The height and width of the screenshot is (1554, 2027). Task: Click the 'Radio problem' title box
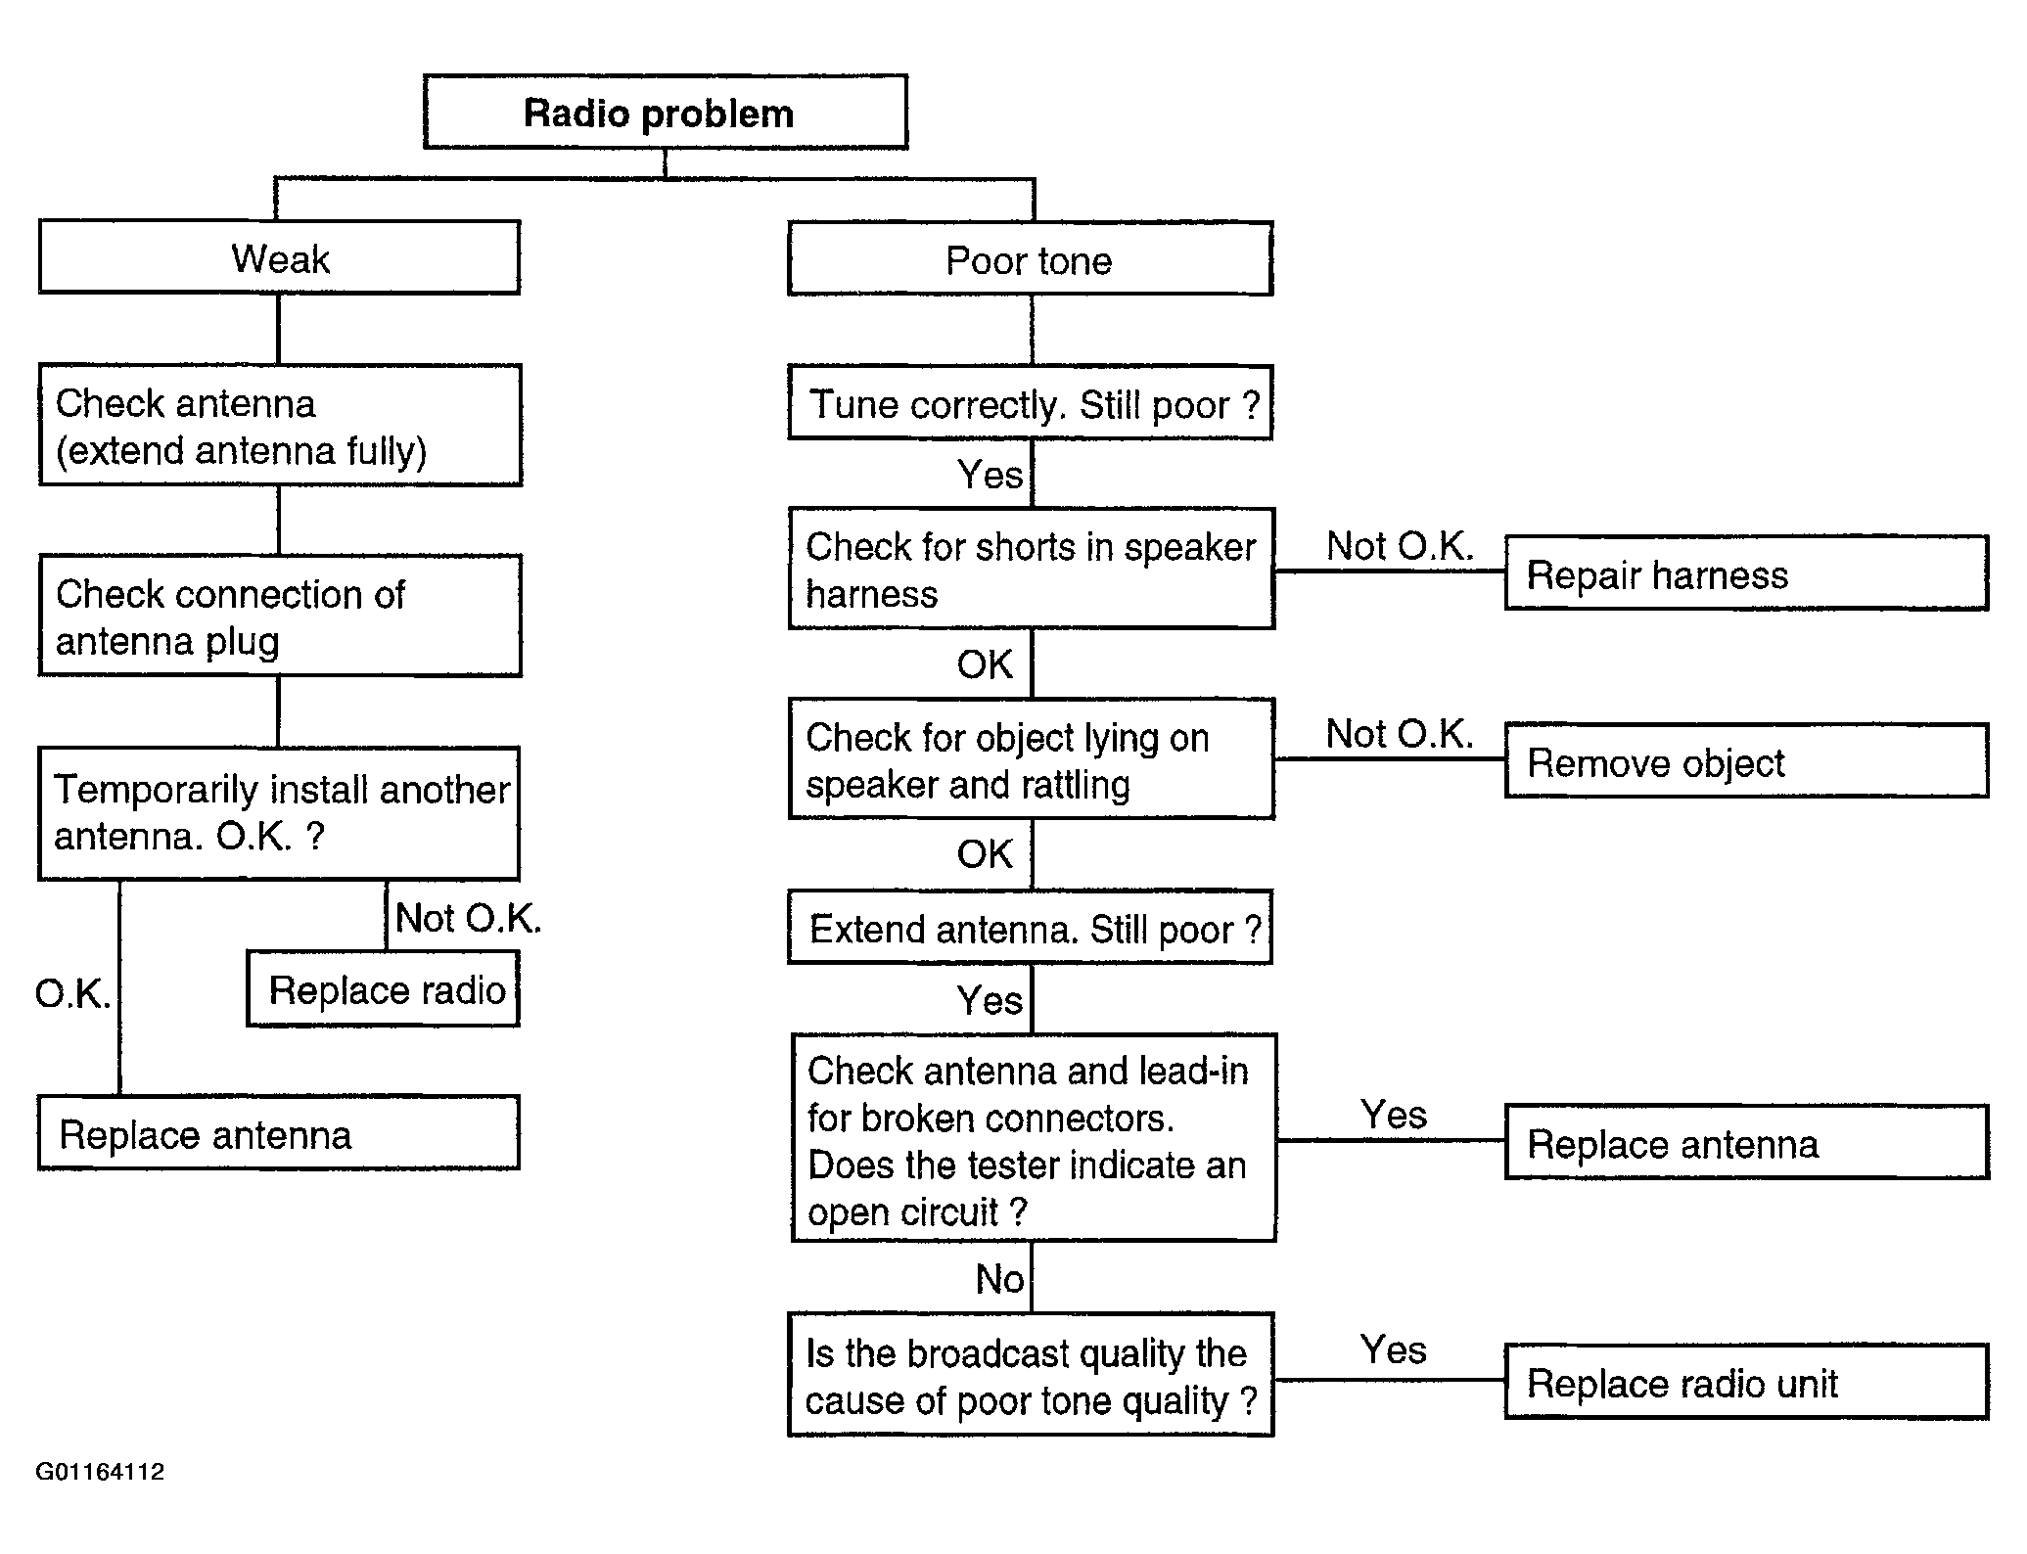pyautogui.click(x=666, y=112)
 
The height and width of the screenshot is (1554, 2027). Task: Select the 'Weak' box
pyautogui.click(x=279, y=257)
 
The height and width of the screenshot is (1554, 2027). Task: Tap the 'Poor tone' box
pyautogui.click(x=1030, y=259)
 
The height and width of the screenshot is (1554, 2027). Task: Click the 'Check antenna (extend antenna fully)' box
pyautogui.click(x=280, y=425)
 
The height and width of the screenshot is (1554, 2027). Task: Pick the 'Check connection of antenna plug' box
pyautogui.click(x=280, y=616)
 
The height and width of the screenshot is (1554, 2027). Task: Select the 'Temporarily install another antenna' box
pyautogui.click(x=279, y=814)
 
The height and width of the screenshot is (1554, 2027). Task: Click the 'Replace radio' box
pyautogui.click(x=383, y=988)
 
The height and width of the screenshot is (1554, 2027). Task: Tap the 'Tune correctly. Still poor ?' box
pyautogui.click(x=1030, y=402)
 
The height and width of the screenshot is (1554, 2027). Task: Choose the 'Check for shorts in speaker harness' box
pyautogui.click(x=1032, y=568)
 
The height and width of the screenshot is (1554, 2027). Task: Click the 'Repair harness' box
pyautogui.click(x=1747, y=572)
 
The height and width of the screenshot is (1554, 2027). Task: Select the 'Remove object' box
pyautogui.click(x=1747, y=760)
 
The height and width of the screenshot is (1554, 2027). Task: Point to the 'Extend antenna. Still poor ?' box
pyautogui.click(x=1030, y=927)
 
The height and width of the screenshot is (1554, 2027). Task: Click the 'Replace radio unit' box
pyautogui.click(x=1747, y=1382)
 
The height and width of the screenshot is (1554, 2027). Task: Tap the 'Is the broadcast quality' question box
pyautogui.click(x=1031, y=1375)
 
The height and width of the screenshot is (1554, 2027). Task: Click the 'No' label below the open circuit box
pyautogui.click(x=999, y=1279)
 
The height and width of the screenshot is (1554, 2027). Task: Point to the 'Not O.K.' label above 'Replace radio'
pyautogui.click(x=468, y=918)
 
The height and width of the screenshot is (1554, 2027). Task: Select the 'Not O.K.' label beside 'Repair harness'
pyautogui.click(x=1400, y=546)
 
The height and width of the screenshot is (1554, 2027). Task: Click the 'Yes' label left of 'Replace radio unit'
pyautogui.click(x=1394, y=1350)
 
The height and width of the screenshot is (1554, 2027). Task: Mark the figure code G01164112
pyautogui.click(x=100, y=1472)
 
